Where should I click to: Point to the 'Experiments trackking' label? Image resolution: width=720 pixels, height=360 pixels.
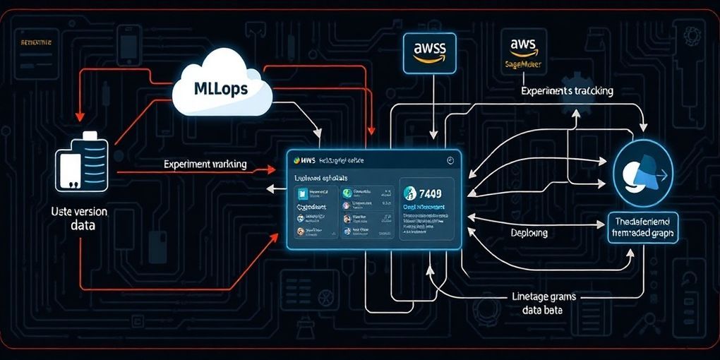click(567, 91)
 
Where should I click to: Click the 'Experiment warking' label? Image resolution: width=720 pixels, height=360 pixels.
click(205, 164)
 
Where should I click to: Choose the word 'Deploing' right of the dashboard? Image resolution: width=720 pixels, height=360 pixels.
click(529, 232)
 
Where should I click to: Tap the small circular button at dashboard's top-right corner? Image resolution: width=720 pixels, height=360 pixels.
click(449, 161)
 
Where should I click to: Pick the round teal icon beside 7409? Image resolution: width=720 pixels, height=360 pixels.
click(407, 192)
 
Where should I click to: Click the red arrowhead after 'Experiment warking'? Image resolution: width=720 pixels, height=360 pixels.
click(271, 169)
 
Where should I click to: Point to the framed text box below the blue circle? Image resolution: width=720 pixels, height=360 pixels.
click(642, 227)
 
